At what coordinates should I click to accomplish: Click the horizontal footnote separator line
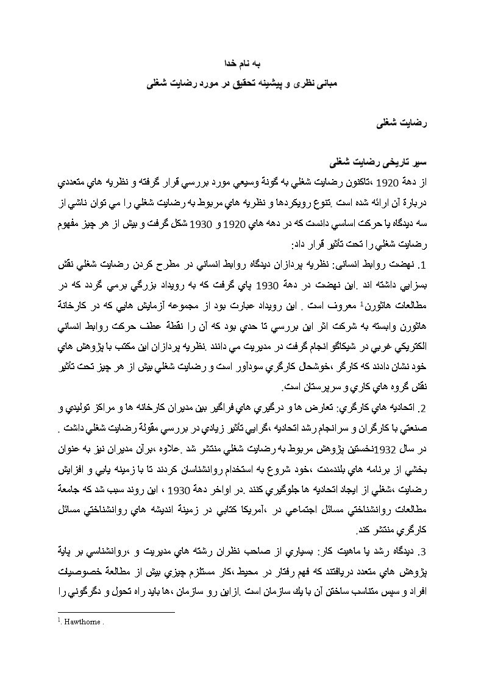pos(116,612)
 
